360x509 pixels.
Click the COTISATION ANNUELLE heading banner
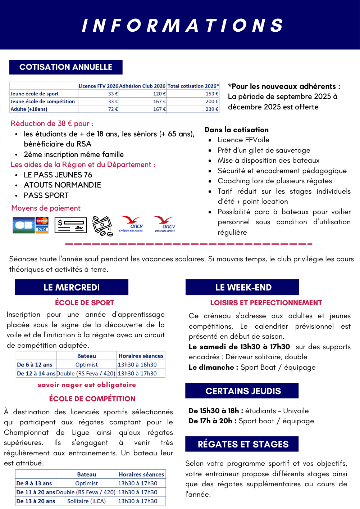(66, 67)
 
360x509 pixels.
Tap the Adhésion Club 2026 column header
(142, 86)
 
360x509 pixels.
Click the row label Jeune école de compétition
(43, 102)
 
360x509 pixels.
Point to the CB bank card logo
(24, 225)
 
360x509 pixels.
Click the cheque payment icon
(71, 225)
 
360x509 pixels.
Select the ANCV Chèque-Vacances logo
(131, 224)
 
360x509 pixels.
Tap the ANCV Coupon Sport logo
(165, 224)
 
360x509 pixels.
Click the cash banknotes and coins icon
(102, 226)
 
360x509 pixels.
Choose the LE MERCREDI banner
(72, 287)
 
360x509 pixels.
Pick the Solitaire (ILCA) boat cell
(86, 501)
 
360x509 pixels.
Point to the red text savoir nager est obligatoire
(87, 385)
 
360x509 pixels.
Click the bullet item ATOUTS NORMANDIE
(62, 185)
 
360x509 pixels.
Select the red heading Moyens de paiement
(46, 208)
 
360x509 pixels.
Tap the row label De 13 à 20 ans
(36, 501)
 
